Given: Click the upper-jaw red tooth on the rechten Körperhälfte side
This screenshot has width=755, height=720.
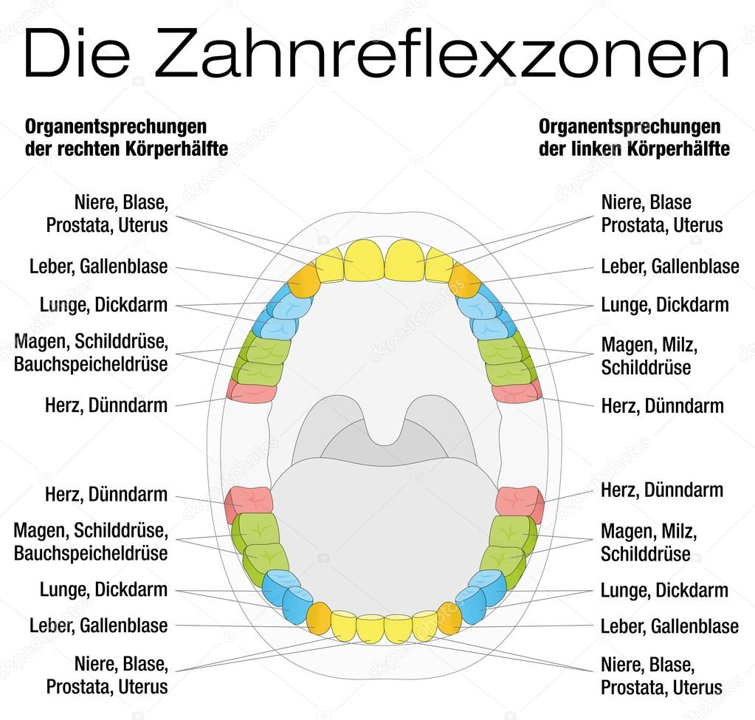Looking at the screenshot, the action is coord(252,391).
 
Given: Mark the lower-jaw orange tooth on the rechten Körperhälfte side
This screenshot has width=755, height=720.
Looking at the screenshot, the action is coord(319,617).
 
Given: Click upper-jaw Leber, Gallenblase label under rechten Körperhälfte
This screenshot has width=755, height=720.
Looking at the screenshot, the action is coord(99,266).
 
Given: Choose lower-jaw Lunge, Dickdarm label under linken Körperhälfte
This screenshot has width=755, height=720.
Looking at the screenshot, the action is coord(664,590).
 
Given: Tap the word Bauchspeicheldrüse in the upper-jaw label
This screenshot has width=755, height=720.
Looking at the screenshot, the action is coord(91,364).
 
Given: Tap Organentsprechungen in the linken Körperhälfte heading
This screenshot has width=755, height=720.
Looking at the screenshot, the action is coord(630,126).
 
